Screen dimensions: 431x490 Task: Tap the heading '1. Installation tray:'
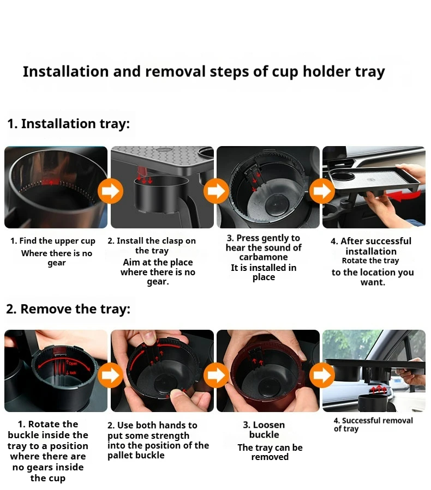(x=68, y=124)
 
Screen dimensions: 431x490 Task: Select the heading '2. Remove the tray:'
(x=68, y=309)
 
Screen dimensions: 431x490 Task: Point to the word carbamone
(x=264, y=257)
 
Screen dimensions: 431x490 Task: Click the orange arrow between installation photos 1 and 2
(x=110, y=190)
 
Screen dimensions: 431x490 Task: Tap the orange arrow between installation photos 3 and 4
(x=321, y=190)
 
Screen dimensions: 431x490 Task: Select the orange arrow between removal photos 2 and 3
(x=216, y=374)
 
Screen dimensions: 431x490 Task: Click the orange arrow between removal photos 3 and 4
(x=321, y=374)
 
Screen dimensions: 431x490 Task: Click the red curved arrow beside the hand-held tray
(x=403, y=196)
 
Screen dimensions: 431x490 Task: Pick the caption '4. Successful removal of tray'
(x=373, y=425)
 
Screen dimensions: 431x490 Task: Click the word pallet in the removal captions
(x=120, y=455)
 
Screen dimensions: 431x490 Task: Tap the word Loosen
(x=268, y=425)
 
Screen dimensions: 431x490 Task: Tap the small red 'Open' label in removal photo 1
(x=73, y=364)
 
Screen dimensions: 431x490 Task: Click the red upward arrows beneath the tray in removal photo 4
(x=379, y=389)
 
